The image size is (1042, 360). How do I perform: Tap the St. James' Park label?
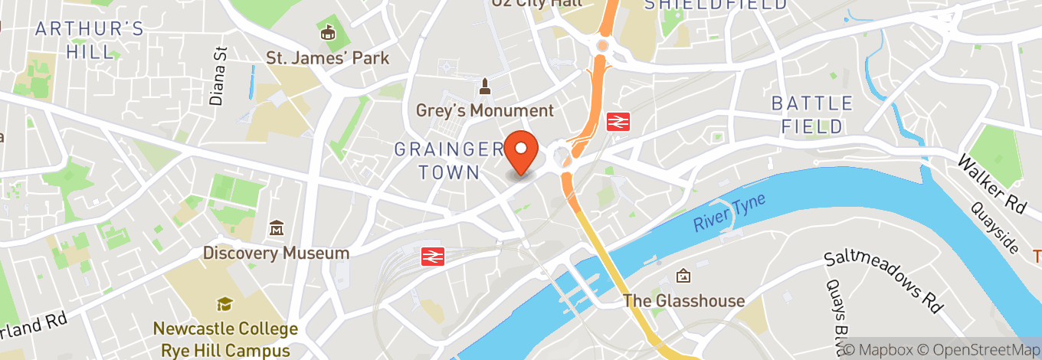click(327, 57)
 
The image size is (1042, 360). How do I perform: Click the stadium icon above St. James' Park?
click(328, 33)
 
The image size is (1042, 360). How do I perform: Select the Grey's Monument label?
click(484, 110)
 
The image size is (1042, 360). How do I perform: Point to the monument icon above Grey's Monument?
click(484, 84)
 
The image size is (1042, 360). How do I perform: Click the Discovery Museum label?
click(276, 253)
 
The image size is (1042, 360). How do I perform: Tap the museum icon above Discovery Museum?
click(277, 228)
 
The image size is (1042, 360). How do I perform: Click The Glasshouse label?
click(683, 300)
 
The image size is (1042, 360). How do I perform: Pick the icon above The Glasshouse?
click(683, 276)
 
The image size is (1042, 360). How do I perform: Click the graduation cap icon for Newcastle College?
click(224, 305)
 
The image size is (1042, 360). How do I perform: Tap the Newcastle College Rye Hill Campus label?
click(224, 339)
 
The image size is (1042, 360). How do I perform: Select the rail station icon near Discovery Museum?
click(433, 256)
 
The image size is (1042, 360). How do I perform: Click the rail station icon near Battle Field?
click(617, 121)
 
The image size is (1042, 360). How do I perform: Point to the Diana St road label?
click(219, 77)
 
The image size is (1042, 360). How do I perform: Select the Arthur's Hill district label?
click(90, 41)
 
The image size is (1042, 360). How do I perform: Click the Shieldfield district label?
click(715, 5)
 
